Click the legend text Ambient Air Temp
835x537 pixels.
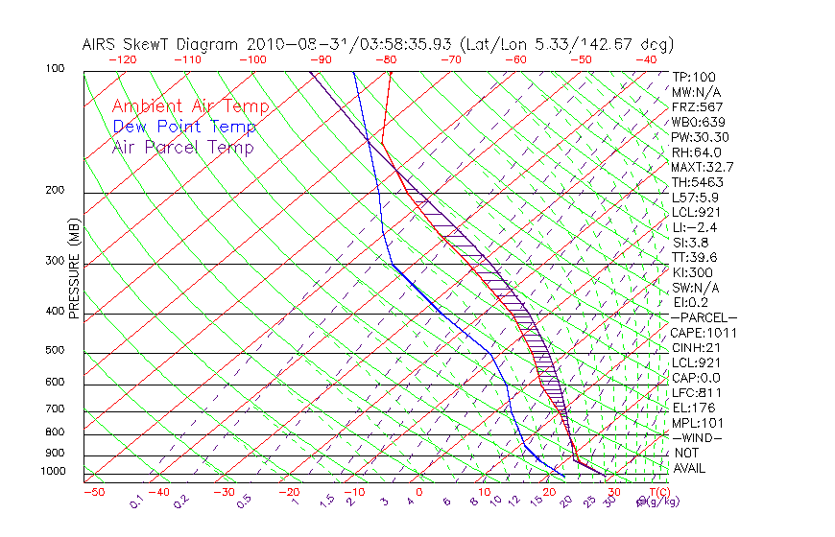click(x=190, y=106)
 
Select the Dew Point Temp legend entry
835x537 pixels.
click(x=184, y=127)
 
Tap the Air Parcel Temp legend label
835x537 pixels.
click(x=182, y=147)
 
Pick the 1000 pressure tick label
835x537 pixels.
click(x=54, y=472)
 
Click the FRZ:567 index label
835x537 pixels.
click(x=698, y=107)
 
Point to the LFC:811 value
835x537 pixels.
click(x=696, y=393)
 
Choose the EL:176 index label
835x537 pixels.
click(x=694, y=408)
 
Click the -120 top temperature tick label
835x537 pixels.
click(x=122, y=59)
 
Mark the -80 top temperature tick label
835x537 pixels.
click(x=386, y=59)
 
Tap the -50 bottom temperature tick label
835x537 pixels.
click(x=93, y=492)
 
